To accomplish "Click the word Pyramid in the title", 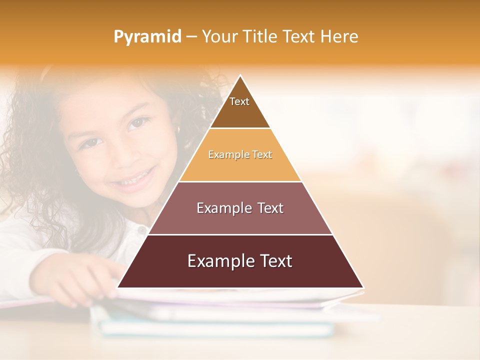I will pyautogui.click(x=147, y=36).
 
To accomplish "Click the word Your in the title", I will pyautogui.click(x=219, y=36).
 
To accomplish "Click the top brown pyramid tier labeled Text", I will pyautogui.click(x=239, y=107).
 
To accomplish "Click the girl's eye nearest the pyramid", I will pyautogui.click(x=138, y=123).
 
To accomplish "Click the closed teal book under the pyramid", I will pyautogui.click(x=215, y=327).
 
